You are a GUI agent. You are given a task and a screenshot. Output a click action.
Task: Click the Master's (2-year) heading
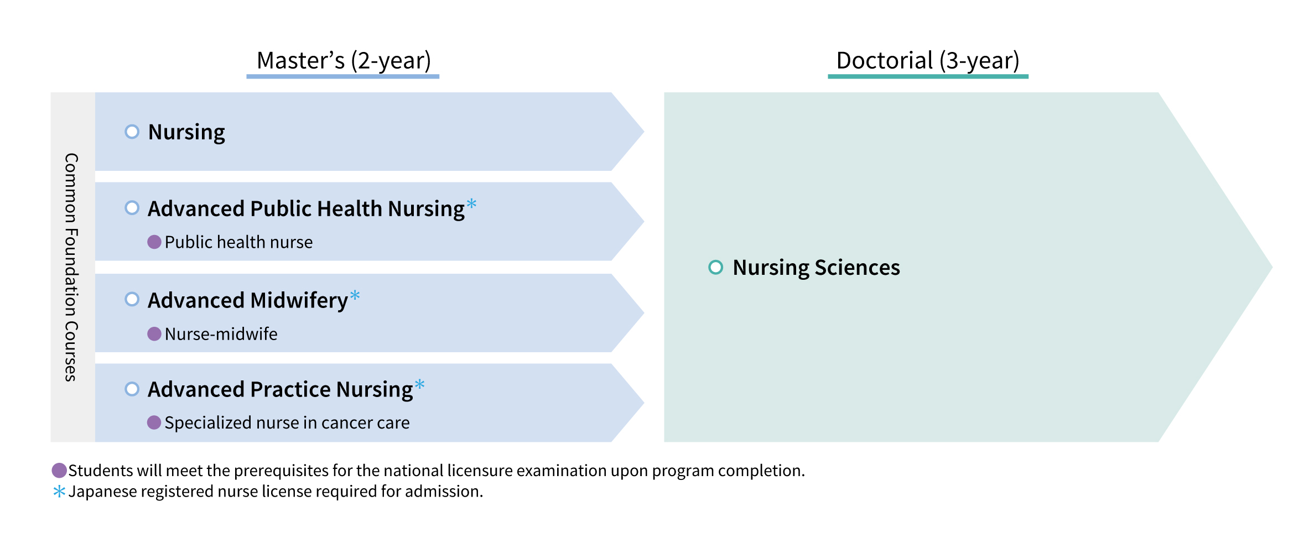(344, 60)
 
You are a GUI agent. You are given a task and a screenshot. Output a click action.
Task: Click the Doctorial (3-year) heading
(928, 60)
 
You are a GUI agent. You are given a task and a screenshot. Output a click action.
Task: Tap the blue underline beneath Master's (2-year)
(342, 76)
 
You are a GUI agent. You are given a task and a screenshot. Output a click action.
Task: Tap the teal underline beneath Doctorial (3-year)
(928, 76)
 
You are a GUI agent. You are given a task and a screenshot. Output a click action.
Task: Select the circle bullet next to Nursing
(132, 132)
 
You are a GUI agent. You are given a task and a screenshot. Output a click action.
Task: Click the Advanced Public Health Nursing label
(306, 209)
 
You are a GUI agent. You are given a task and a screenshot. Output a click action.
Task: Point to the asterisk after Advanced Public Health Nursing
(471, 203)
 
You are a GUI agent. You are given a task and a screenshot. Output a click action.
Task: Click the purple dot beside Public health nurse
(154, 242)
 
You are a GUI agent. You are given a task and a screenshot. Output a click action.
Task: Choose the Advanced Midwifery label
(247, 301)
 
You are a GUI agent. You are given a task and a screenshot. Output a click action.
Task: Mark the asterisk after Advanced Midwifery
(355, 295)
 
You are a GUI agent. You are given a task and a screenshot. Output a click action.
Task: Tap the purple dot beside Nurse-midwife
(154, 334)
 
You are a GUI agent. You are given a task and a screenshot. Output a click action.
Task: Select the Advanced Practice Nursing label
(280, 390)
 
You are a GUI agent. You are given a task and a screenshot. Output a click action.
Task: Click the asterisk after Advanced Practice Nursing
(420, 384)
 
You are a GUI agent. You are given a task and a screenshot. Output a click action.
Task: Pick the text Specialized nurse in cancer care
(287, 423)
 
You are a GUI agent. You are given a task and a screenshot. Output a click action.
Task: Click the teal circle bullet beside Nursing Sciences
(715, 267)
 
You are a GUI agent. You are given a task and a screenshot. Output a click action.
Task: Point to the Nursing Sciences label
(816, 268)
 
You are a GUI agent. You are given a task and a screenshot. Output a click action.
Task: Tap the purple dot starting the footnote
(59, 471)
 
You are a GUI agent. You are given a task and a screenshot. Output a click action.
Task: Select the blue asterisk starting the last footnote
(59, 491)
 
